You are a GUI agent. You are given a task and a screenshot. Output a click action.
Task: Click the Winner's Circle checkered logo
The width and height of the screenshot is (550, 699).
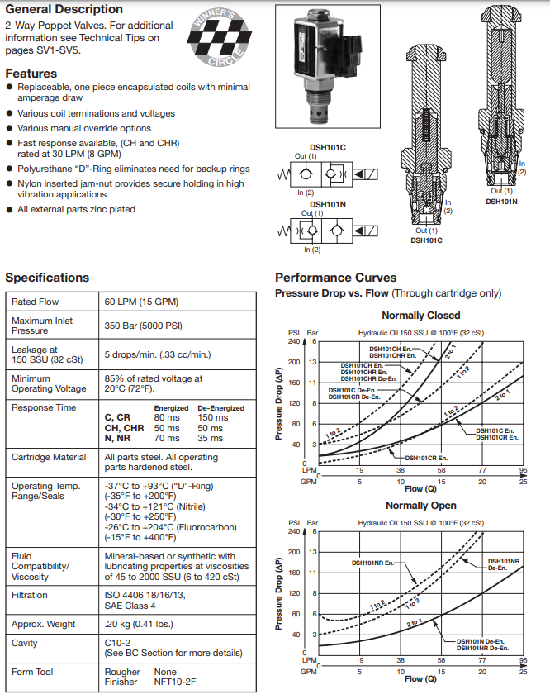(x=219, y=37)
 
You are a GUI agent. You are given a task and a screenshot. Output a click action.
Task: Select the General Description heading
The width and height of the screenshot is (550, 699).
(x=64, y=9)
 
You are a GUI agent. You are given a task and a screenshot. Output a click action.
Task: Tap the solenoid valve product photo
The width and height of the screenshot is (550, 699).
(x=328, y=66)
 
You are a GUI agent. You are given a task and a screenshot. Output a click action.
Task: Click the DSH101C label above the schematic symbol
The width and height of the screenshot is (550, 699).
(x=328, y=148)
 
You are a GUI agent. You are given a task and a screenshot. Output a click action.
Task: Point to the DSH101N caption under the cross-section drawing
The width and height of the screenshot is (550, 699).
(x=501, y=202)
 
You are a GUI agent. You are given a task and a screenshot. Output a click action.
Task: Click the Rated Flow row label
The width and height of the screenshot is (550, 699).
(x=36, y=302)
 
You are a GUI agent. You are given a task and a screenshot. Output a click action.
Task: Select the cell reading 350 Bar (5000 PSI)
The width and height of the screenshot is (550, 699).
(x=143, y=326)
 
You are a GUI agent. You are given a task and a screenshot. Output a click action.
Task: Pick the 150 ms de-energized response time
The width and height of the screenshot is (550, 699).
(x=212, y=418)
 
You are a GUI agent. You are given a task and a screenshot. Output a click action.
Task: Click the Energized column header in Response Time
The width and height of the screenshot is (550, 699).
(x=171, y=408)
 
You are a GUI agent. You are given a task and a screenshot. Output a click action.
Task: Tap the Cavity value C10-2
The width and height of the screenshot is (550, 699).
(x=117, y=643)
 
